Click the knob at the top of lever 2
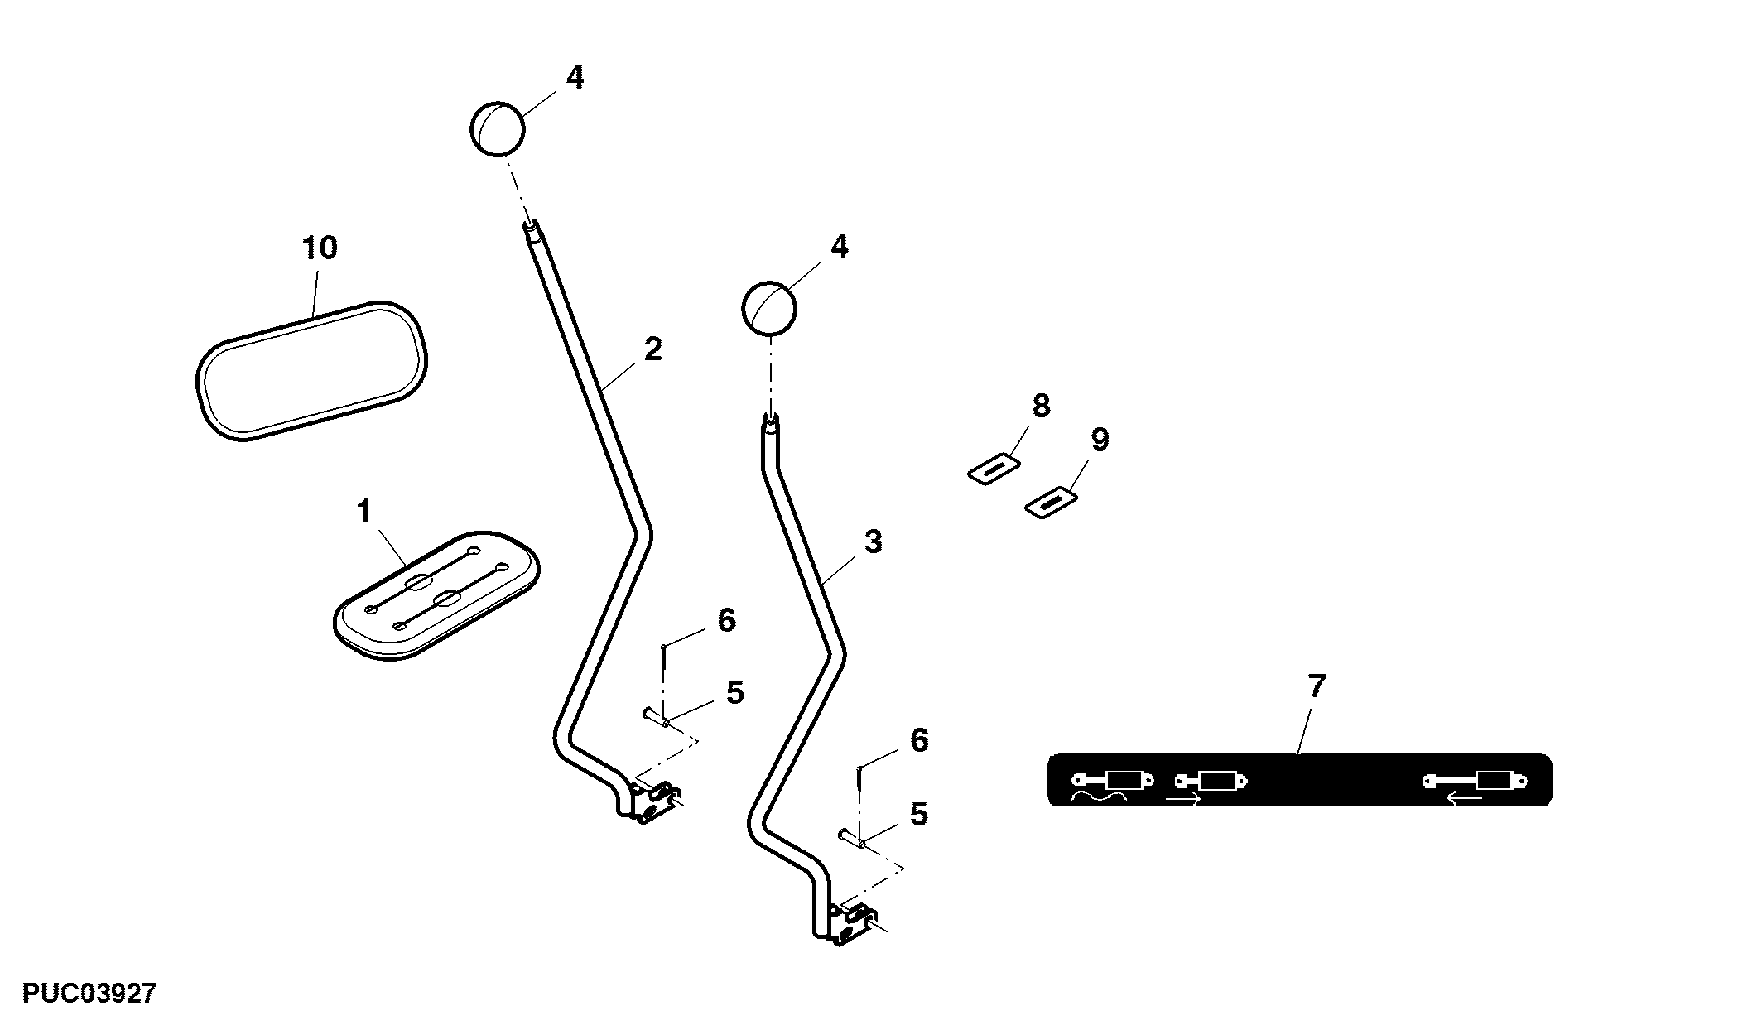(498, 128)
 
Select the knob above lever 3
(768, 309)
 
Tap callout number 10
(320, 248)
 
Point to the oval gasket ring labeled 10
(312, 370)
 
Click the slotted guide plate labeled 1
(436, 594)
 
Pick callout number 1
(364, 512)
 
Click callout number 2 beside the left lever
(653, 349)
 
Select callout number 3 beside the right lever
(873, 541)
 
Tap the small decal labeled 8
(993, 469)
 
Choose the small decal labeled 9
(1051, 503)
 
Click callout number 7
(1317, 686)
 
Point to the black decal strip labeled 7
(1299, 780)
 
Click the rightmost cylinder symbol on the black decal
(1475, 780)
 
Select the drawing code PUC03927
(89, 994)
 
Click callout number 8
(1041, 406)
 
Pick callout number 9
(1100, 440)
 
